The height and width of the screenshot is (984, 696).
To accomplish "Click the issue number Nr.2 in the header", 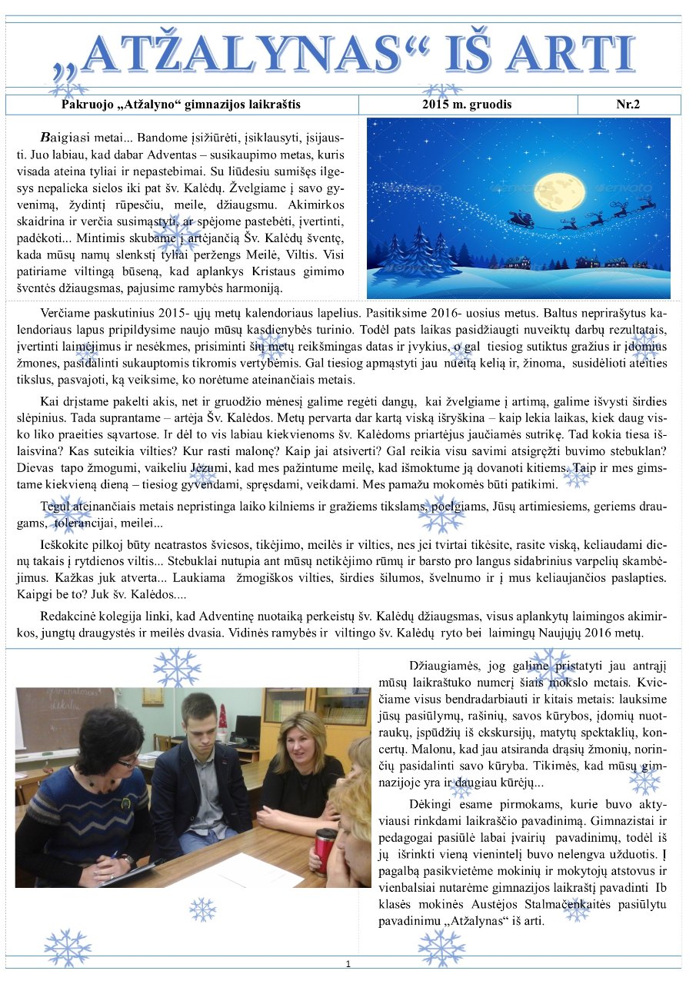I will (x=628, y=105).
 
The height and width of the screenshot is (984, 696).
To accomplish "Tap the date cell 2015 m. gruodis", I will (x=467, y=105).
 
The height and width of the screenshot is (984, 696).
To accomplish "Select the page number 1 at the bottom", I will (x=348, y=964).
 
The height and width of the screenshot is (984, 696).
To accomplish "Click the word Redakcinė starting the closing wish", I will (x=70, y=617).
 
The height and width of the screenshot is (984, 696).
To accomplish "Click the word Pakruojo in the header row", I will (x=88, y=105).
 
